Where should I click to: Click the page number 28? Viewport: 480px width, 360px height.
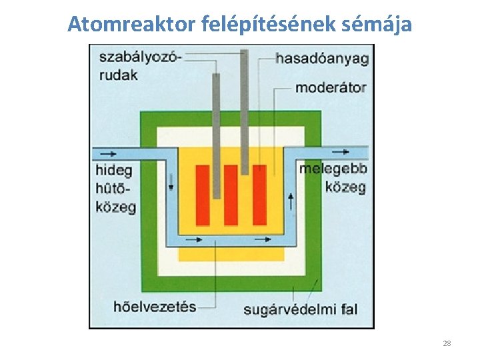click(x=447, y=343)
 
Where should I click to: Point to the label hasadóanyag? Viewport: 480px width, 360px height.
click(x=322, y=59)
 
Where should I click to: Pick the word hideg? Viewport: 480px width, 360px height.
click(x=115, y=169)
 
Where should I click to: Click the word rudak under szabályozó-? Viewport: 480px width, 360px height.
click(x=119, y=75)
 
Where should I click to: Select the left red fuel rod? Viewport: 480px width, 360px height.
click(x=203, y=195)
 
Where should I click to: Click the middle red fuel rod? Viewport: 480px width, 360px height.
click(x=231, y=195)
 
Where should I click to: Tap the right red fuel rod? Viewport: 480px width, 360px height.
click(x=259, y=195)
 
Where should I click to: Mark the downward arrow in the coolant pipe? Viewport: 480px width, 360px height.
click(x=171, y=182)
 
